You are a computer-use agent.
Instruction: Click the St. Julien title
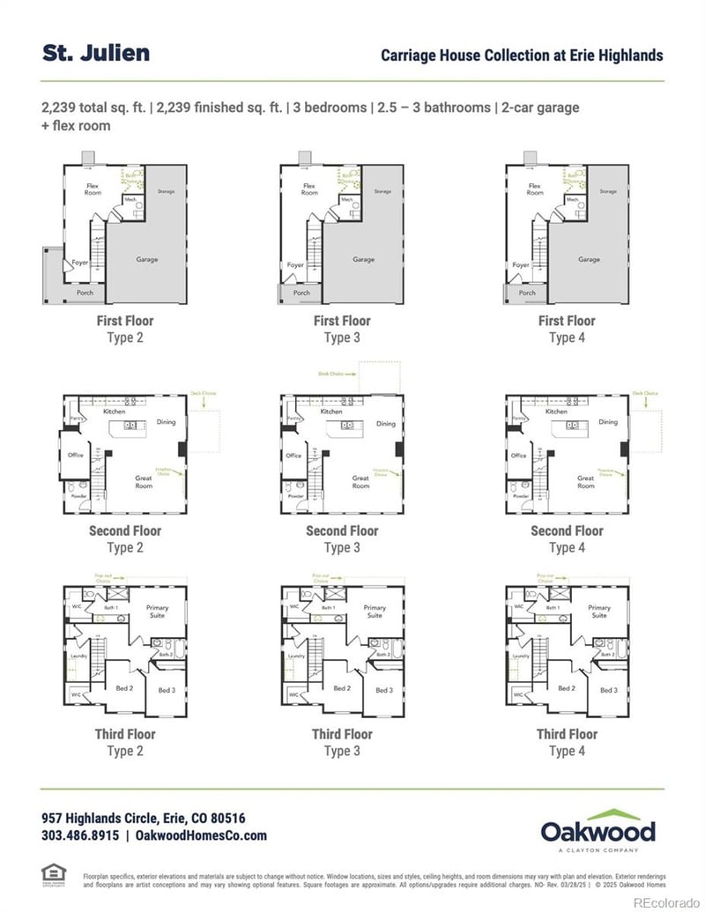(96, 53)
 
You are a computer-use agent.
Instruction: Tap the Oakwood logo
(597, 830)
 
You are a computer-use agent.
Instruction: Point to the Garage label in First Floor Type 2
(147, 260)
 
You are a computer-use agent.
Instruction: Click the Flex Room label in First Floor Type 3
(309, 189)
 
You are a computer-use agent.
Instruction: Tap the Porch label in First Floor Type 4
(527, 293)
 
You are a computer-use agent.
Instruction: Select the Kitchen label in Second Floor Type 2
(115, 412)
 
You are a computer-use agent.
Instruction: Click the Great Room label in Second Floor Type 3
(360, 482)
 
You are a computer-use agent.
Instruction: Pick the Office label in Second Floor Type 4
(518, 456)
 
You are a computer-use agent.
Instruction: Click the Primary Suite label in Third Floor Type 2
(157, 611)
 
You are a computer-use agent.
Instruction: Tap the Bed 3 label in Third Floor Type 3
(384, 690)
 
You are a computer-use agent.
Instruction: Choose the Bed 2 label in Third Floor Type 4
(567, 688)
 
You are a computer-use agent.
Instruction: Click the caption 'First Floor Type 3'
(342, 329)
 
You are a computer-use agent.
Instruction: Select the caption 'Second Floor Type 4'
(567, 538)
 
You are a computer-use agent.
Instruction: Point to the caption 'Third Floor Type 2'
(125, 742)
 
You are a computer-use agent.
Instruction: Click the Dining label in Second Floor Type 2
(167, 422)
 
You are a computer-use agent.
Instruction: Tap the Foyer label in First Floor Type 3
(296, 264)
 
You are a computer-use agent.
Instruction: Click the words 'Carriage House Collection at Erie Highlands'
(522, 56)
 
